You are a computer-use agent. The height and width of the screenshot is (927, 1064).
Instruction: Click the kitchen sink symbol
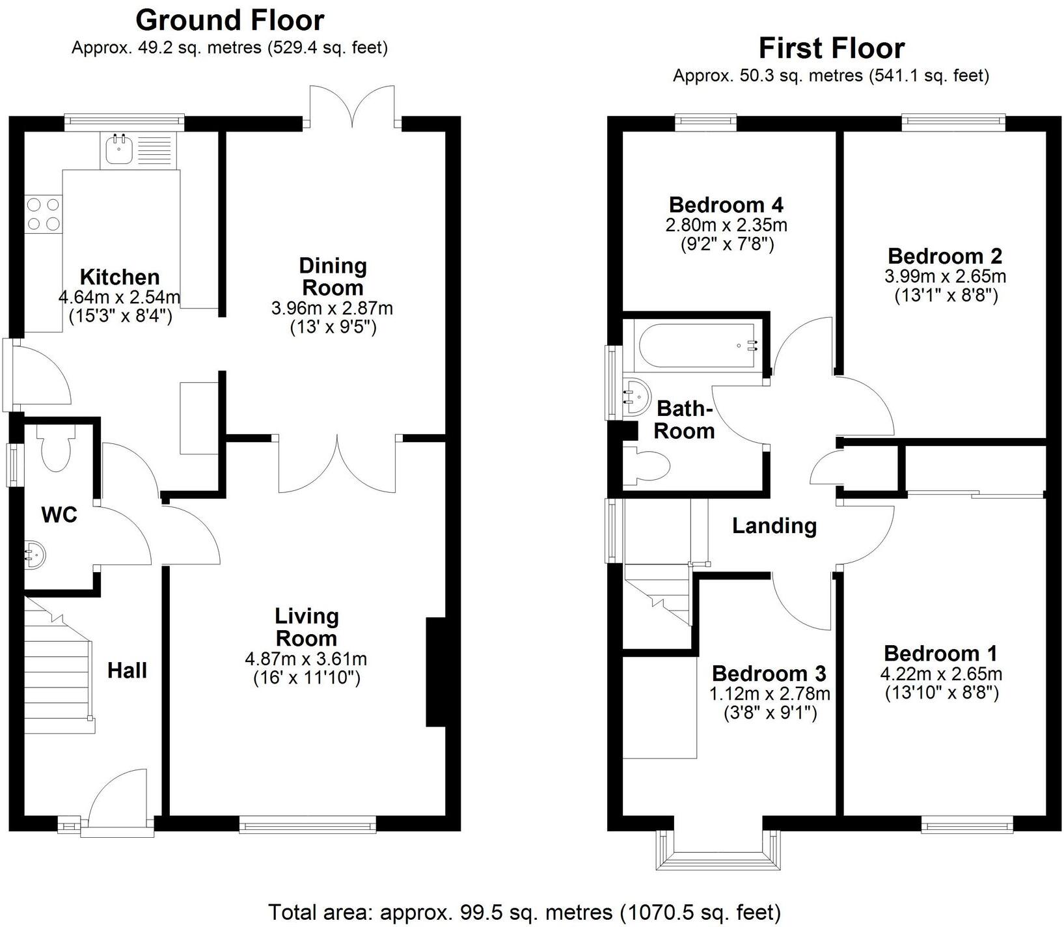[118, 150]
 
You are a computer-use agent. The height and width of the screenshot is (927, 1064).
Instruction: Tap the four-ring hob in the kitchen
[43, 214]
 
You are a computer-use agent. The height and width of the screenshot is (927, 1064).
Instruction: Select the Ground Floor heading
[229, 20]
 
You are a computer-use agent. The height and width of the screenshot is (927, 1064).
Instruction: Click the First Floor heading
[831, 48]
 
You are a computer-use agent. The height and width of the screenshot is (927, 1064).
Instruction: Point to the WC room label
[59, 515]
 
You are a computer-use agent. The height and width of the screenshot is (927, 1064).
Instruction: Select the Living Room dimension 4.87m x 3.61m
[306, 659]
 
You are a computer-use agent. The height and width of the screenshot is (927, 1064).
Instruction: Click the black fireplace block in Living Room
[435, 671]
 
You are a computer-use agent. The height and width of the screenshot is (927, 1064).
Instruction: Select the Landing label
[774, 525]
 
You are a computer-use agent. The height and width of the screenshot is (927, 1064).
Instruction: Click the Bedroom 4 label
[726, 204]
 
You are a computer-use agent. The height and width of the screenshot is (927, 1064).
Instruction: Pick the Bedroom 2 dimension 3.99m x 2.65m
[945, 276]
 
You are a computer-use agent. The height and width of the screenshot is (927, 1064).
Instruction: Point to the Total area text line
[524, 911]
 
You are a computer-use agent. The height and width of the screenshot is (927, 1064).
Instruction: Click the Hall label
[127, 670]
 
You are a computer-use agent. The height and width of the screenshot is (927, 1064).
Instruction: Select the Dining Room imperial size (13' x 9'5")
[333, 327]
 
